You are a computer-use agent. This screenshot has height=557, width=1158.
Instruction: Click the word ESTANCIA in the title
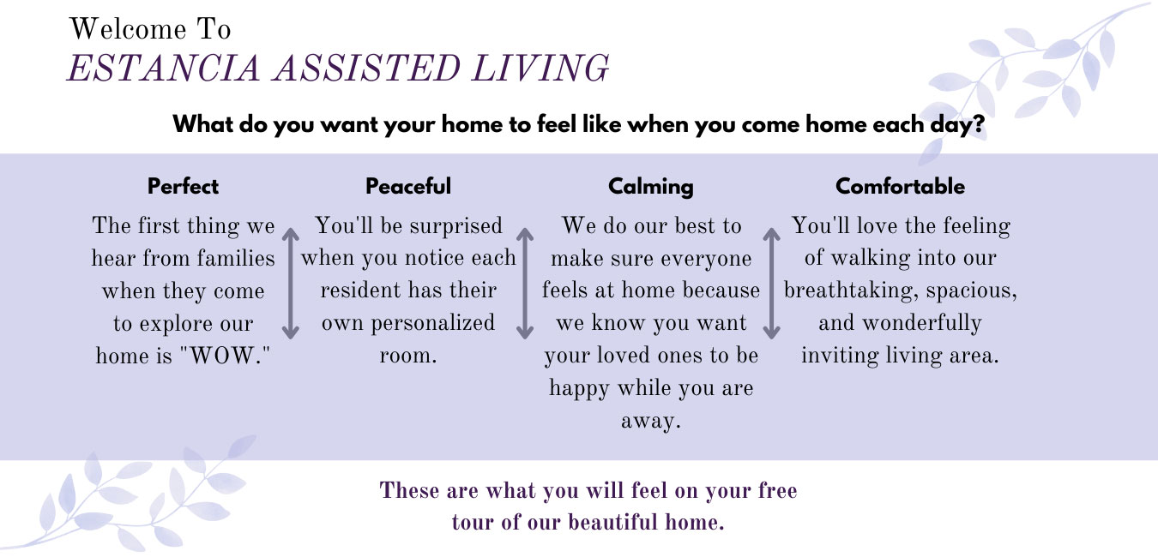coord(163,69)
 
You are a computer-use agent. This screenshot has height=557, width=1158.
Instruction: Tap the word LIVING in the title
coord(540,69)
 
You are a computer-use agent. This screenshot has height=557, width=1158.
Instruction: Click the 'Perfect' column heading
coord(183,186)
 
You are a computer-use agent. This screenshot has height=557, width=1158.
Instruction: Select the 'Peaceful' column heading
coord(408,186)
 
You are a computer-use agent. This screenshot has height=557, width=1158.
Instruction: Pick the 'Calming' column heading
coord(651,187)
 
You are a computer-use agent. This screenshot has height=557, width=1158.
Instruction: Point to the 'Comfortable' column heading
coord(900,186)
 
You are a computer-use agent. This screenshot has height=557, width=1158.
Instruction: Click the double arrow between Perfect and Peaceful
coord(291,284)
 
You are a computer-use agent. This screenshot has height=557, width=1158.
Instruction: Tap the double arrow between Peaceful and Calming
coord(525,284)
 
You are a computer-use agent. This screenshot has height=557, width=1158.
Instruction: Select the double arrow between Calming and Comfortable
coord(771,284)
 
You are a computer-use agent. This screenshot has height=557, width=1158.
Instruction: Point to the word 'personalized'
coord(433,324)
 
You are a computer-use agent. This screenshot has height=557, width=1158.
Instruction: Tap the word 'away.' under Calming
coord(651,422)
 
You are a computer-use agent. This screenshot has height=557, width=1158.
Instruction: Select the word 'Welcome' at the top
coord(128,29)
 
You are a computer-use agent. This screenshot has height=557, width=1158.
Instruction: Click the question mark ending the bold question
coord(978,124)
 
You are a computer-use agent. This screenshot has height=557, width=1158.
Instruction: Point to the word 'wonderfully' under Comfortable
coord(922,324)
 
